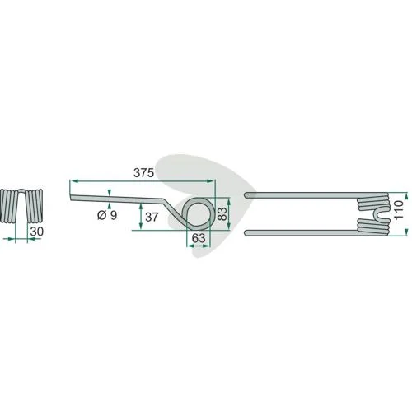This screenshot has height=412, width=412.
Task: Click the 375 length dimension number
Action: (143, 173)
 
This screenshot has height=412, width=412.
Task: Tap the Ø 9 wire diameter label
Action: (107, 215)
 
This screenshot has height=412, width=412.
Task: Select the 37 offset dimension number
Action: (152, 218)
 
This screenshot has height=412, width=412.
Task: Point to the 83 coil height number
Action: (222, 213)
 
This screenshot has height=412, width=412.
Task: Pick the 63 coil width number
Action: (199, 238)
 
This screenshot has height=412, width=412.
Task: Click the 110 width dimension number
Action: (399, 210)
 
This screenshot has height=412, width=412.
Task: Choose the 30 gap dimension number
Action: (37, 232)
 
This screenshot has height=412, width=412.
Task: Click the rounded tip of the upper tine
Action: (246, 195)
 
